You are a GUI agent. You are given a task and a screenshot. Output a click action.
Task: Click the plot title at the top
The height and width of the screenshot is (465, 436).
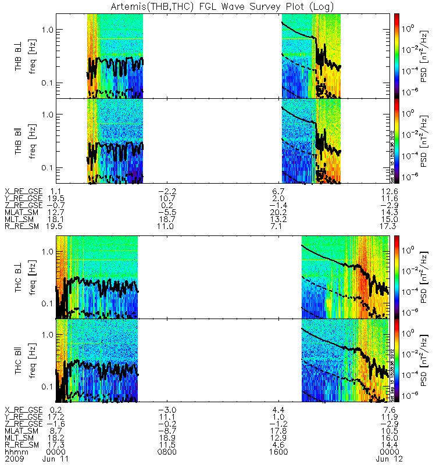pos(217,6)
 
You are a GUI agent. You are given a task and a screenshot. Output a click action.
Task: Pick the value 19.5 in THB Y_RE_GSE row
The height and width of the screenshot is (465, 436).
pos(57,198)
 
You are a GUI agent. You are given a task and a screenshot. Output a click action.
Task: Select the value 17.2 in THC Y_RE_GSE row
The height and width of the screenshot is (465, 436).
pos(57,418)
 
